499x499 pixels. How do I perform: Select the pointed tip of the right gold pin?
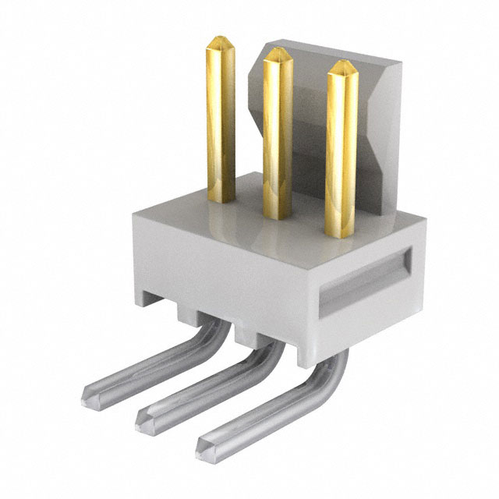click(341, 65)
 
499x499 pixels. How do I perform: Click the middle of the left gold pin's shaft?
click(221, 117)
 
